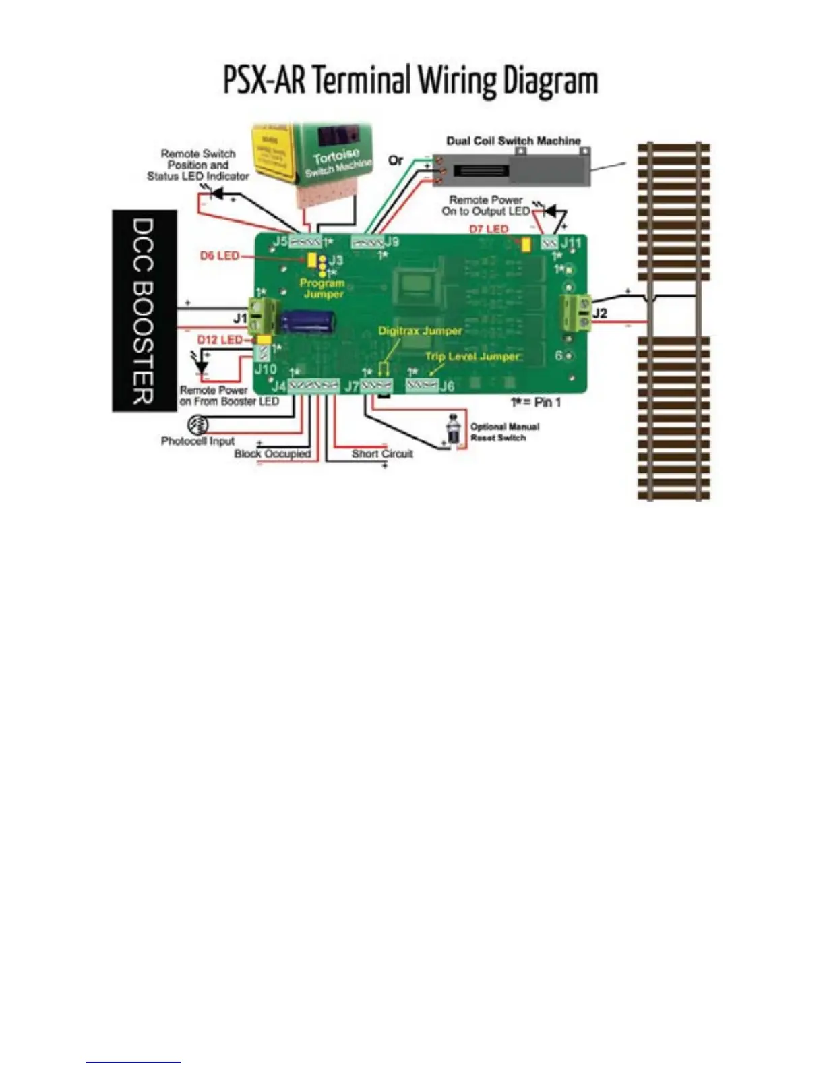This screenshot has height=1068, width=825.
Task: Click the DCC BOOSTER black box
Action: pos(144,310)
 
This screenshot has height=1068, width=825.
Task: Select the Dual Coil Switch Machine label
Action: pos(513,141)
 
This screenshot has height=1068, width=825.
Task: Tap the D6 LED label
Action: pos(219,256)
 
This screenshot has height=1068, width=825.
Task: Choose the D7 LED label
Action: pos(489,229)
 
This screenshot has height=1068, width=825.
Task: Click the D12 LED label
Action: pos(219,340)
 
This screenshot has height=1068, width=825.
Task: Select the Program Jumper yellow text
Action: pos(323,289)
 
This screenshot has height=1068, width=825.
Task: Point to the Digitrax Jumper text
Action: pos(420,331)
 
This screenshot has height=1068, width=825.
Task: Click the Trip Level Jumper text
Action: pos(472,356)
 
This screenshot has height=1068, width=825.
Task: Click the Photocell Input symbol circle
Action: pos(197,425)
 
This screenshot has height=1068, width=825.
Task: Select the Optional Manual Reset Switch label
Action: pos(504,432)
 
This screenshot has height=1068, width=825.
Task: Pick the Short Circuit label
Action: pos(382,454)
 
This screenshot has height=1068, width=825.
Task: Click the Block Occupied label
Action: pos(272,454)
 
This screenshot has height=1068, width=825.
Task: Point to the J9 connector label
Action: pos(392,241)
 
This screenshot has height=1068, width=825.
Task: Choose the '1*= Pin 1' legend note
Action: pos(536,403)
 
